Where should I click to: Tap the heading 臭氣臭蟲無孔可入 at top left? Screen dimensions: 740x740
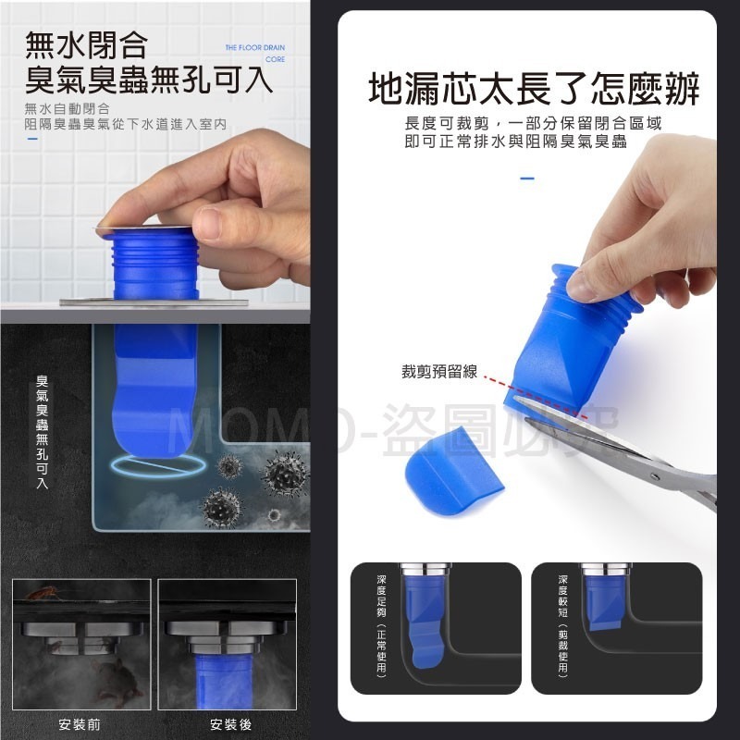pyautogui.click(x=149, y=80)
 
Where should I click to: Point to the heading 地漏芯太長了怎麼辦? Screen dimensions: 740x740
pyautogui.click(x=534, y=91)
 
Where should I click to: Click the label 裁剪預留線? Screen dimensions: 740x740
pyautogui.click(x=438, y=372)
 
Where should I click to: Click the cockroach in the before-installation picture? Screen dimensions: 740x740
pyautogui.click(x=42, y=592)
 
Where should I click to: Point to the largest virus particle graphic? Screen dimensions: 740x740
pyautogui.click(x=286, y=473)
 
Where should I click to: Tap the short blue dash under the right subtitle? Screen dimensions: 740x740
pyautogui.click(x=527, y=178)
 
